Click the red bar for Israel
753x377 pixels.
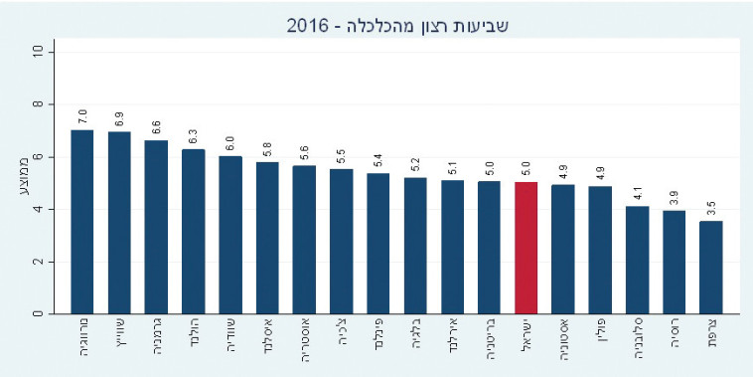tap(527, 248)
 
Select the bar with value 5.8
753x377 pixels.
tap(267, 238)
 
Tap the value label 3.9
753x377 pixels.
tap(675, 197)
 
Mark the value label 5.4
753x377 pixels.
tap(378, 159)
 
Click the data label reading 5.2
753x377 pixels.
tap(415, 164)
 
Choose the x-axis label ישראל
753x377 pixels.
tap(527, 338)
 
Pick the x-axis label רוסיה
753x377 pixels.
tap(675, 337)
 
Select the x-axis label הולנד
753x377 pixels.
tap(194, 337)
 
